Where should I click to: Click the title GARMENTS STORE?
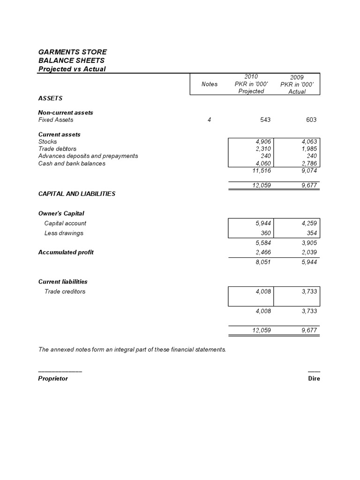(72, 52)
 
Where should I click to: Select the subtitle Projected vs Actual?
(72, 69)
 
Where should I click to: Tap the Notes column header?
(209, 84)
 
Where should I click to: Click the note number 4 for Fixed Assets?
(209, 120)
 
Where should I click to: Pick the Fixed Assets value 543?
(265, 120)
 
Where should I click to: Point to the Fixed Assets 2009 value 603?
(311, 120)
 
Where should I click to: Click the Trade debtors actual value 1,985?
(308, 149)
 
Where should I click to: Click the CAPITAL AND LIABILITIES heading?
(76, 194)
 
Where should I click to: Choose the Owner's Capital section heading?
(61, 213)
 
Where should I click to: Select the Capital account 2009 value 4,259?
(308, 224)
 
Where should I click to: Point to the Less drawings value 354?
(311, 233)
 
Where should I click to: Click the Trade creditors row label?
(65, 292)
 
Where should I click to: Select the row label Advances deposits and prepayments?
(88, 156)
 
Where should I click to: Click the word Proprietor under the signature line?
(52, 378)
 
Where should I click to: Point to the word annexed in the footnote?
(62, 350)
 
